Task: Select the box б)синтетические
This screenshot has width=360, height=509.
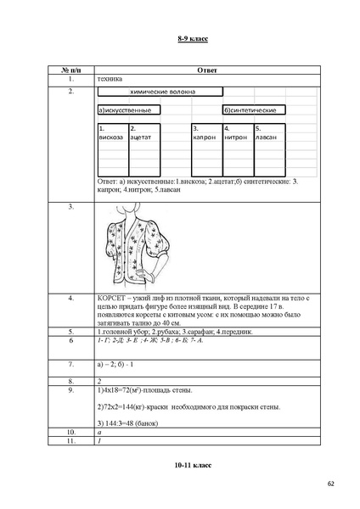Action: pyautogui.click(x=252, y=110)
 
